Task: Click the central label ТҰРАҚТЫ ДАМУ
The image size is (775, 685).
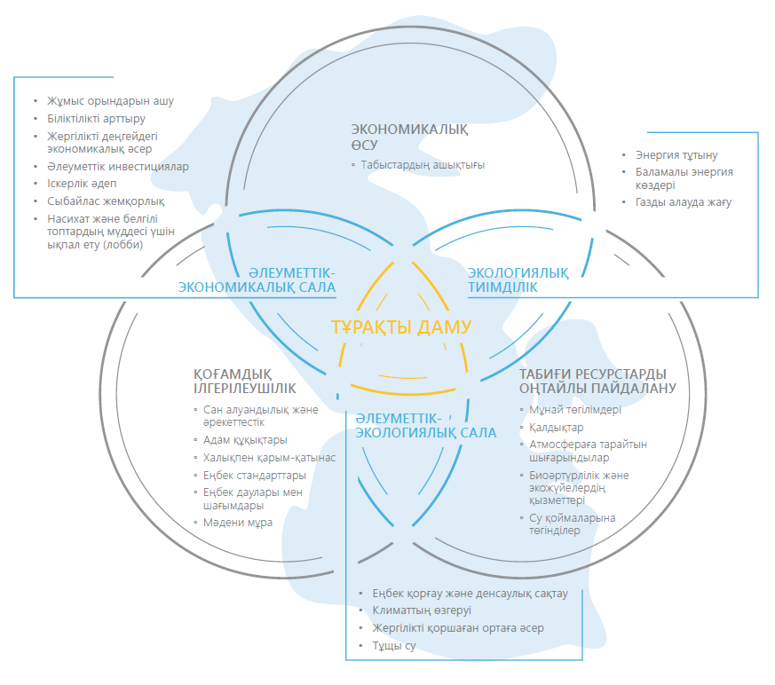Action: coord(400,327)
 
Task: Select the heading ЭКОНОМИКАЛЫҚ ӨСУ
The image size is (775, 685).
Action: coord(408,137)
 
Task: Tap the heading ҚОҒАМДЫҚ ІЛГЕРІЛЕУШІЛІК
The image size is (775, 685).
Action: coord(245,381)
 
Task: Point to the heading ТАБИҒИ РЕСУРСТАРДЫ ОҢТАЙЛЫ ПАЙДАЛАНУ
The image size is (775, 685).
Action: coord(597,381)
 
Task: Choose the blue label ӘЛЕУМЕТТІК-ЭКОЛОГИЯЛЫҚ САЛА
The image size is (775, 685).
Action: coord(425,426)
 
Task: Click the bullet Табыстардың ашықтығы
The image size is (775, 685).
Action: coord(423,165)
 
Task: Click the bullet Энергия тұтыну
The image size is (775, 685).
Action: coord(676,155)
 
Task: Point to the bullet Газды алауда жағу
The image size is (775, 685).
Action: coord(683,202)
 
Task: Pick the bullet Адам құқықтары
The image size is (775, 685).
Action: coord(245,440)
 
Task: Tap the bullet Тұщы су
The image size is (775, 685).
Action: coord(393,645)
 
